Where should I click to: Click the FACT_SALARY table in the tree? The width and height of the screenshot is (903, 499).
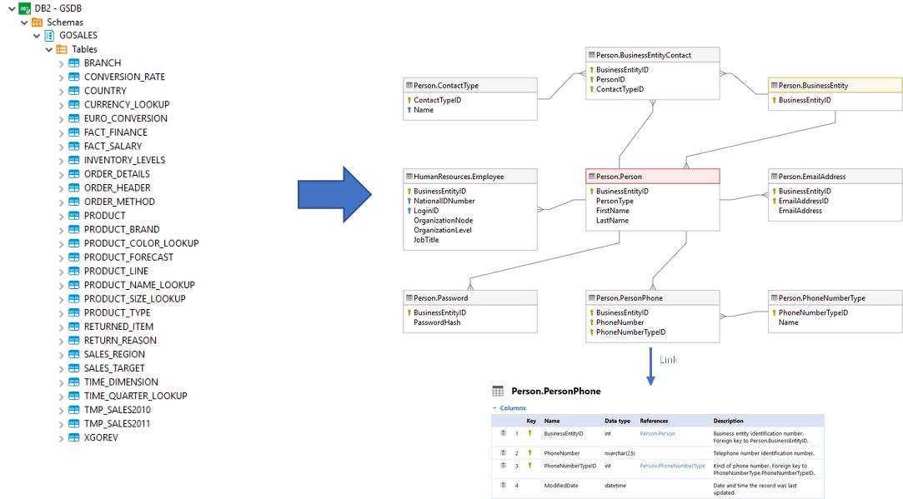click(113, 146)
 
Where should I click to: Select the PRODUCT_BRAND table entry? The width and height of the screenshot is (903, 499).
click(121, 229)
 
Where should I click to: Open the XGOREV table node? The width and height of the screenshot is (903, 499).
click(100, 437)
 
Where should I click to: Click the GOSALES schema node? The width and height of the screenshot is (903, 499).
click(78, 36)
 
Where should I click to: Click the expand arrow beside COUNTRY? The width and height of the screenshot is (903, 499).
click(62, 91)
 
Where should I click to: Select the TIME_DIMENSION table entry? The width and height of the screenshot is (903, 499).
click(120, 382)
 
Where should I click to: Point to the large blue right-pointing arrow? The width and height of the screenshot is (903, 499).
click(334, 193)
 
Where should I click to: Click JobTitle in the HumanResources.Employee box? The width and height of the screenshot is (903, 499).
click(426, 240)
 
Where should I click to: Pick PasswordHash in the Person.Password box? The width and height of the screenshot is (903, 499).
click(437, 322)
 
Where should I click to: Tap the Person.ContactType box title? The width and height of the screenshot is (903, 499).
click(445, 85)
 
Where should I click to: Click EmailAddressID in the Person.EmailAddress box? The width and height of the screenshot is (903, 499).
click(803, 201)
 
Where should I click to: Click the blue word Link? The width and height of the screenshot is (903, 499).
click(668, 360)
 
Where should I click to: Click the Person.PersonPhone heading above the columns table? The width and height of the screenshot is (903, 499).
click(555, 391)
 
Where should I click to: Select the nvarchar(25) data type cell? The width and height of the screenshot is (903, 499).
click(620, 453)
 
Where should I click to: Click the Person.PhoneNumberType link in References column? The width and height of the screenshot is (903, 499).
click(672, 467)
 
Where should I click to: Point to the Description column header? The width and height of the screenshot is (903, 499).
click(728, 421)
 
